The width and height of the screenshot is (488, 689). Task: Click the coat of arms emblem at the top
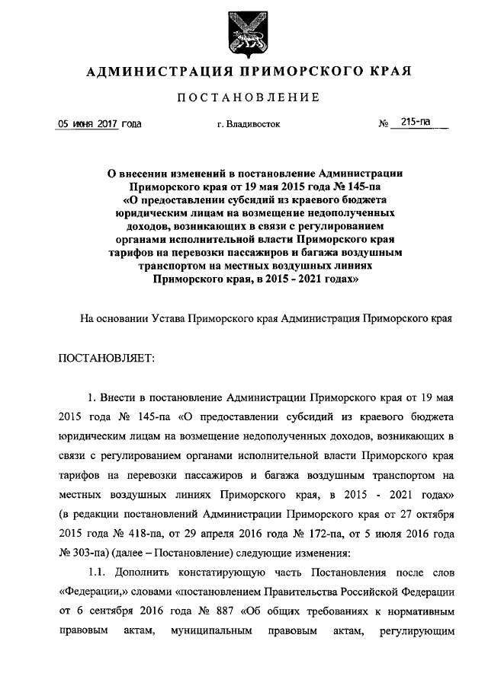coord(244,34)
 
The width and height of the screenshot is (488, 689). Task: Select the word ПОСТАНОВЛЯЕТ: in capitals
coord(106,356)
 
